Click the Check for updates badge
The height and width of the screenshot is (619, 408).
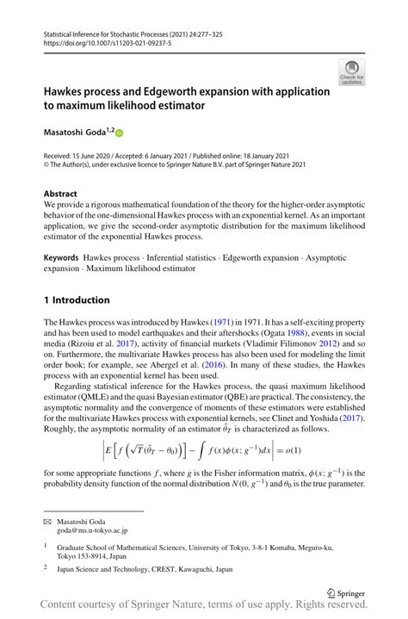coord(350,72)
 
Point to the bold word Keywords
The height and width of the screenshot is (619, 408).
coord(62,258)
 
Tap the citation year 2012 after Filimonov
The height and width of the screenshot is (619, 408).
coord(309,344)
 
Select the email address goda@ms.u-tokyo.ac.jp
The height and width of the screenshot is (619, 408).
coord(99,532)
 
